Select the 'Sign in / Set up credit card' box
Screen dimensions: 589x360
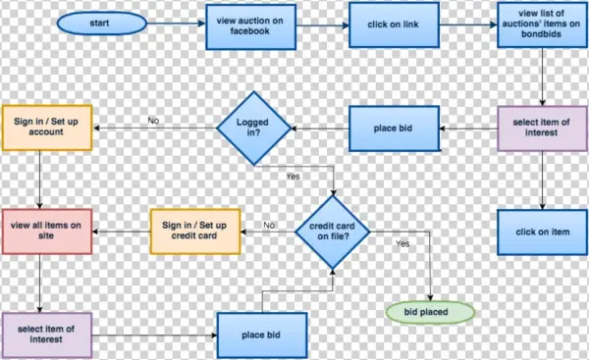[193, 232]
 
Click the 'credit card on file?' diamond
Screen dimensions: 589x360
[333, 232]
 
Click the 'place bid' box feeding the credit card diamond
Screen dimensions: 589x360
[262, 335]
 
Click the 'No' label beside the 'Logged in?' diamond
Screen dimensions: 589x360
[153, 121]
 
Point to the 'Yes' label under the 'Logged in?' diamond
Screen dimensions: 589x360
[293, 177]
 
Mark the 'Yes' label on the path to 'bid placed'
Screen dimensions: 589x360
[402, 242]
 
